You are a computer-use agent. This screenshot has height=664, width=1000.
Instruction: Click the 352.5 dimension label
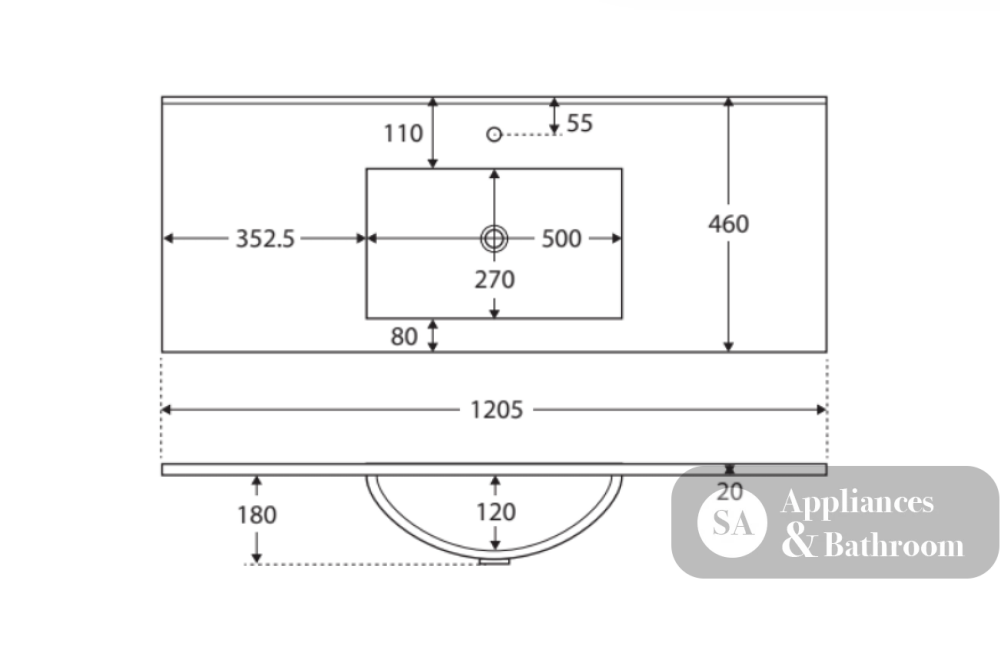(x=265, y=239)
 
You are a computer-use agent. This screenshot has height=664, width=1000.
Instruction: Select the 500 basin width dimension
(x=561, y=239)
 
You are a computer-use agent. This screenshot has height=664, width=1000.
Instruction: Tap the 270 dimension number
(x=494, y=279)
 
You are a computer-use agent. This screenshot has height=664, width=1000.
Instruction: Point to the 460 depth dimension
(x=728, y=224)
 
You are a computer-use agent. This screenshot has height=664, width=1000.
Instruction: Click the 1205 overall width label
(x=496, y=409)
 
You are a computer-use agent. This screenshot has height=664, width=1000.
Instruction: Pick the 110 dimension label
(x=403, y=133)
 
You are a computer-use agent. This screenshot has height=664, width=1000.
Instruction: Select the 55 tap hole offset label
(x=579, y=123)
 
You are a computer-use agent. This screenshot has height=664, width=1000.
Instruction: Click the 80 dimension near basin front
(x=404, y=336)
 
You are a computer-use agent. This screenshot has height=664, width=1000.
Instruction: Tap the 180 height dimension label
(x=256, y=515)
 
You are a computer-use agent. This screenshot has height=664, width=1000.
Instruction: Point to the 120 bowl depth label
(x=496, y=512)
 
